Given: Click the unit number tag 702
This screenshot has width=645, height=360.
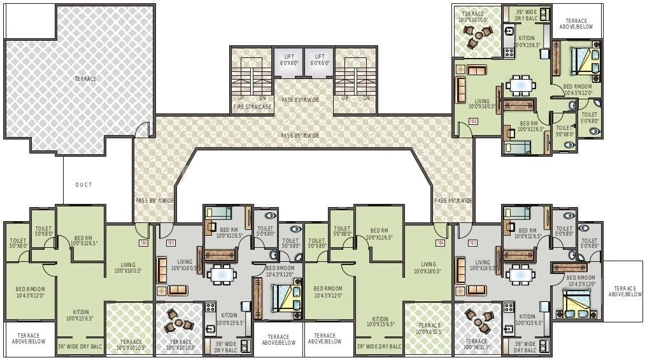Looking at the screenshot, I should (472, 120).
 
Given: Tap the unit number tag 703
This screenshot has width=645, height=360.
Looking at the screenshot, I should (472, 243).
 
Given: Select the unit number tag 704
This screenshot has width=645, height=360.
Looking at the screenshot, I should (439, 243).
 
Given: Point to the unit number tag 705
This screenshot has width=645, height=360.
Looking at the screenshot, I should (170, 243).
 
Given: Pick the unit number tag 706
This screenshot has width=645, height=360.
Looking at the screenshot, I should (143, 243).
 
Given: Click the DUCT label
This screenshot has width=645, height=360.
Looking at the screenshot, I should (83, 185).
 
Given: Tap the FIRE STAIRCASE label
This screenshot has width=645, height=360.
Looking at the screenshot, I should (253, 107).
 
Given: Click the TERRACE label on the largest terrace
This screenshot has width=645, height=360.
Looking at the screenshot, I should (85, 79).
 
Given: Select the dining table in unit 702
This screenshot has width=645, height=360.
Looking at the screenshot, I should (521, 85).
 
